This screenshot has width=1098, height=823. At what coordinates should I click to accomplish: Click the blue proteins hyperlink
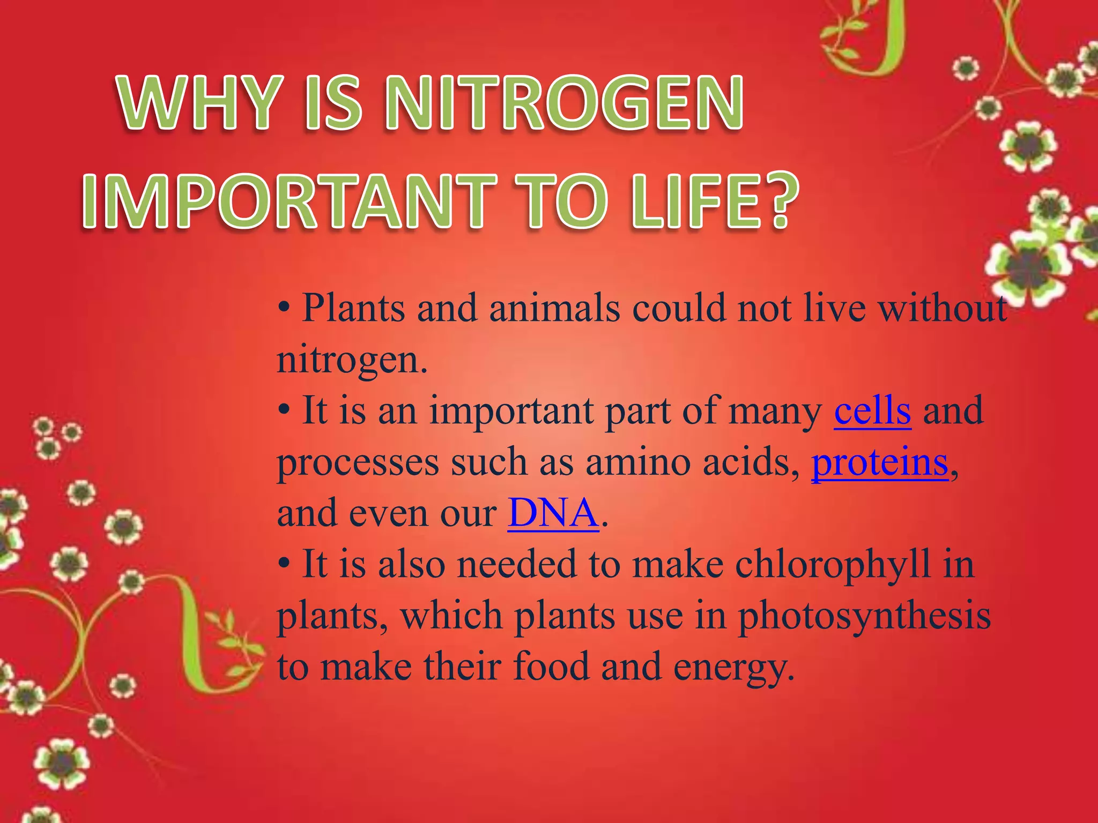tap(880, 462)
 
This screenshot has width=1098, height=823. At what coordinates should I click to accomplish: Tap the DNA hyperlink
tap(553, 513)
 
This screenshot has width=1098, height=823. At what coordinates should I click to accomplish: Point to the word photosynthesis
tap(864, 616)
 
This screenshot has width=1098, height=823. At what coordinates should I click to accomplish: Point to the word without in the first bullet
tap(944, 309)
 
